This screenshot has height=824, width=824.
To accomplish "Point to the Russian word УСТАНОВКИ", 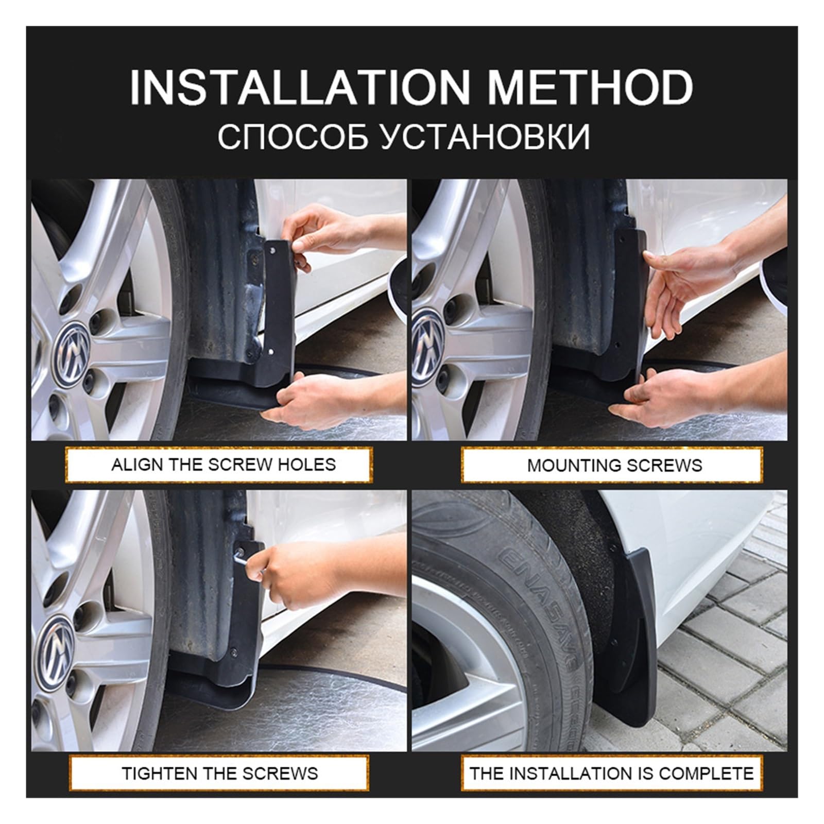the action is click(486, 137).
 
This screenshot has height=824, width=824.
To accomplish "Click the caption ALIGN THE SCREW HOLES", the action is click(224, 465).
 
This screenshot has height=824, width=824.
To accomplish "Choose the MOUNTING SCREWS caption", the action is click(614, 466).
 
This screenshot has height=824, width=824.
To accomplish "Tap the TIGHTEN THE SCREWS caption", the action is click(220, 773).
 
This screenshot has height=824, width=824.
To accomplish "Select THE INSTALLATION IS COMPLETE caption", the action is click(611, 773).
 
